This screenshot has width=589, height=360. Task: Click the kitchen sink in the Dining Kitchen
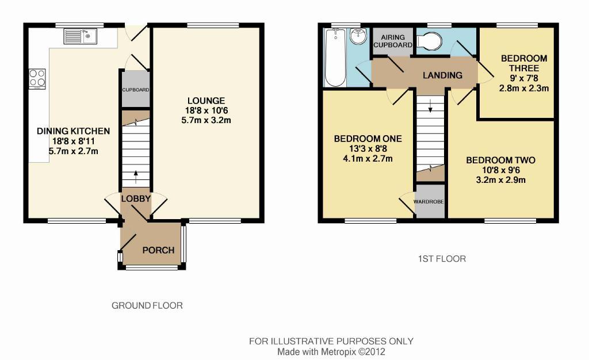click(81, 37)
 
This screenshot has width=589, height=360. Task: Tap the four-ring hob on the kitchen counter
click(37, 79)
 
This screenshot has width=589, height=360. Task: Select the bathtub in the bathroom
click(335, 58)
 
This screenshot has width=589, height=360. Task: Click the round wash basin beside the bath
click(358, 36)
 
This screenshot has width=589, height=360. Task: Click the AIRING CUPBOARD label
click(393, 41)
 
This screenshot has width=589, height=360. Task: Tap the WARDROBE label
click(429, 202)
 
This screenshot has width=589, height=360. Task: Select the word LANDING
click(442, 75)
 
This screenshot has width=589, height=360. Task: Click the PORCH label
click(158, 250)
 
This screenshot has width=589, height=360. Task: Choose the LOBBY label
click(136, 198)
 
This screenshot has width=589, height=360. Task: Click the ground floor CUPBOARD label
click(136, 90)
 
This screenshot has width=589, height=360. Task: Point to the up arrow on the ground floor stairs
click(136, 177)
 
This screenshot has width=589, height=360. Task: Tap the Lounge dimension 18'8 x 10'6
click(206, 110)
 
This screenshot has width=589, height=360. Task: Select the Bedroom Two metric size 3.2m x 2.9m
click(501, 180)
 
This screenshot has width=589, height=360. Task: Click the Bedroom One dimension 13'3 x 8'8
click(368, 148)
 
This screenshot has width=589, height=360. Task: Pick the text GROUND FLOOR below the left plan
click(147, 305)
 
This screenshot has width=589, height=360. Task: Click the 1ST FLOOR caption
click(442, 259)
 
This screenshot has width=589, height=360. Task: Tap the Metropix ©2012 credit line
click(331, 352)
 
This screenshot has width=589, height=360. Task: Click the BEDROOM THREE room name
click(524, 63)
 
